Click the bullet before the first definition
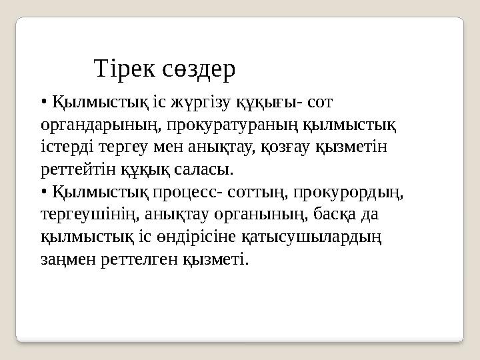point(43,102)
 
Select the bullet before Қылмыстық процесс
point(43,193)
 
